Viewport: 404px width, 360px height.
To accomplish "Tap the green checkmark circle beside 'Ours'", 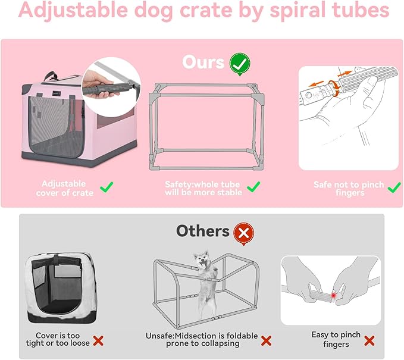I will pos(240,61).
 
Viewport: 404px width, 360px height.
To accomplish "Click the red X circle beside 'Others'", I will pos(243,231).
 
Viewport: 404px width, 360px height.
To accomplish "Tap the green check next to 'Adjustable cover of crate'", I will pos(107,188).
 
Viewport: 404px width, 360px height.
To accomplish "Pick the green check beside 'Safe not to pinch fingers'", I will pos(393,187).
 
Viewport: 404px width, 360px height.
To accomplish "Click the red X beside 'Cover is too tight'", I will pos(99,341).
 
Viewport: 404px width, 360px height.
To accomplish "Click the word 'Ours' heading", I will pos(203,62).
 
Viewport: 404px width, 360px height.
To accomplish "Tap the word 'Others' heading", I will pos(202,231).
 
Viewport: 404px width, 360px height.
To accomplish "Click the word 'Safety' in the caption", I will pos(178,184).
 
